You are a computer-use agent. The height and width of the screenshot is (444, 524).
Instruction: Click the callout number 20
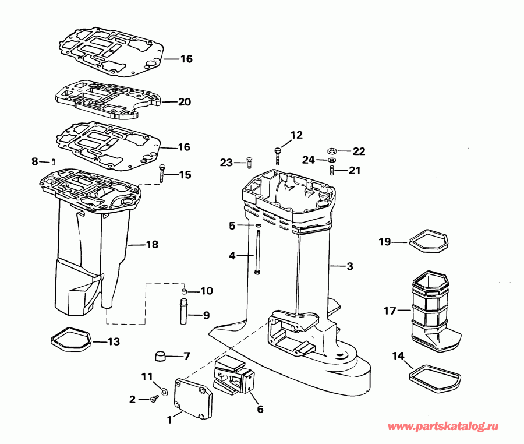pos(184,102)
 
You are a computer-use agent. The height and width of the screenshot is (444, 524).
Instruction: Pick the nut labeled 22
pos(332,151)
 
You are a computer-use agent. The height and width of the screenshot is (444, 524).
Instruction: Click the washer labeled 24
pos(332,160)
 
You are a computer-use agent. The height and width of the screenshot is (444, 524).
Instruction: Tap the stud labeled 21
pos(332,170)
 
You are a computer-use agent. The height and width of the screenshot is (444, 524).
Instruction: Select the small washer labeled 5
pos(257,225)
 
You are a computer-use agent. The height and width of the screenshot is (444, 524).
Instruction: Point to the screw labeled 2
pos(154,399)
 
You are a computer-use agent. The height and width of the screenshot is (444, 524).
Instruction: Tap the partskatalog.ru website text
pos(444,427)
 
